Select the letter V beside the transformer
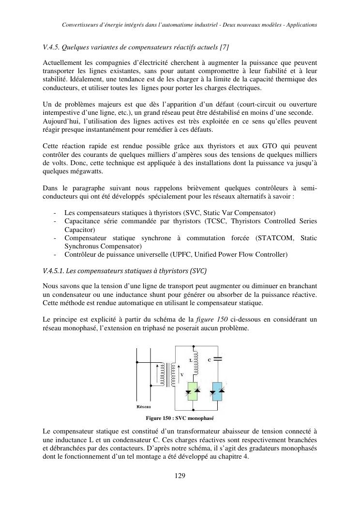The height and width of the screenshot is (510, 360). pos(181,375)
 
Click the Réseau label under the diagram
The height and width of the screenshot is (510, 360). pos(144,406)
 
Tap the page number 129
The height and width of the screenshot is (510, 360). pos(180,476)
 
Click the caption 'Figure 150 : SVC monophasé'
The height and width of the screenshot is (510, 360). pos(180,418)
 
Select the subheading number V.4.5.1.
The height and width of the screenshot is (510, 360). pos(57,270)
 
